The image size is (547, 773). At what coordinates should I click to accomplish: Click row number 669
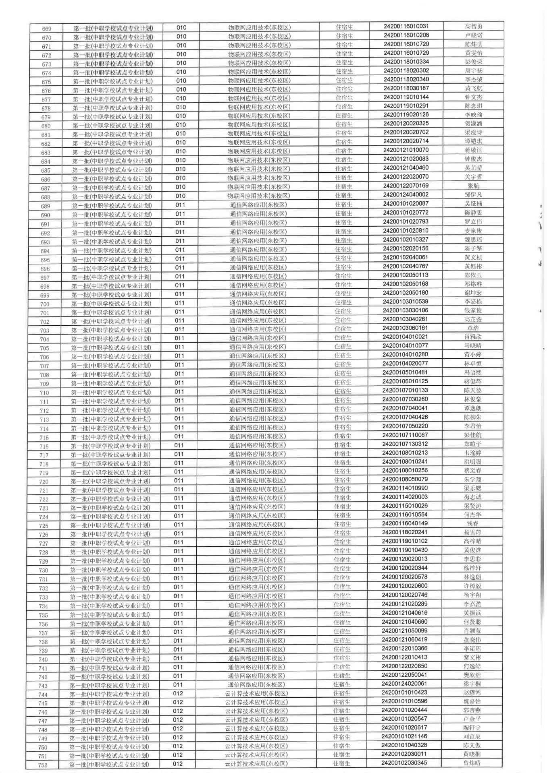[x=47, y=29]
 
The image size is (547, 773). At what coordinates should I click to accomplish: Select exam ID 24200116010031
[x=406, y=27]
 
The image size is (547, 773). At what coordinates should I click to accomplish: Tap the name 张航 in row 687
[x=473, y=186]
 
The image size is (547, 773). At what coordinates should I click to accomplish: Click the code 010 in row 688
[x=181, y=196]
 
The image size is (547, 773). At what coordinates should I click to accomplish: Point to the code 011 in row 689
[x=180, y=205]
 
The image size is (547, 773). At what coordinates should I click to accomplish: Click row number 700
[x=45, y=304]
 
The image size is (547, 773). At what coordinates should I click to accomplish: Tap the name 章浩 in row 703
[x=473, y=328]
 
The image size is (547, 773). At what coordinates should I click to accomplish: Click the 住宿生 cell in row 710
[x=343, y=391]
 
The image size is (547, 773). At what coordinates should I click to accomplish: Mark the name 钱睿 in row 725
[x=472, y=524]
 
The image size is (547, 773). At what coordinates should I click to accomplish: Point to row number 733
[x=44, y=597]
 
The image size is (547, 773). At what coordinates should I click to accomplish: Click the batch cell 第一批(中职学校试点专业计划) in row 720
[x=110, y=481]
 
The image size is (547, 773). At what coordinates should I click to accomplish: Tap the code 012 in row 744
[x=178, y=694]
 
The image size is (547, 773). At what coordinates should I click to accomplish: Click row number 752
[x=43, y=765]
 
